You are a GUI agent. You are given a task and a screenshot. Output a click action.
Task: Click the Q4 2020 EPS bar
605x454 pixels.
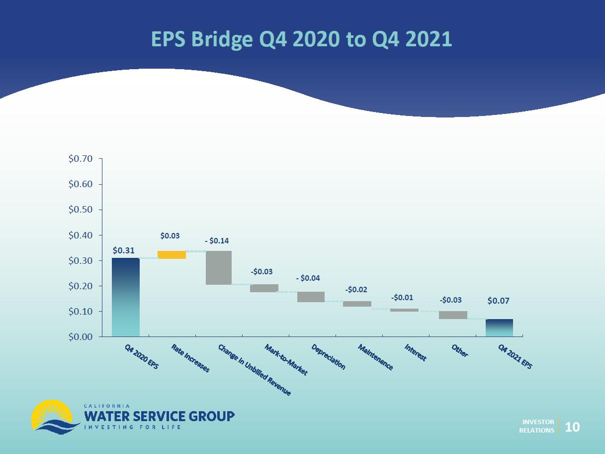pyautogui.click(x=126, y=297)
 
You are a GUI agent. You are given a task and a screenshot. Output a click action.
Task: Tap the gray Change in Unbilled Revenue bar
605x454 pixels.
pyautogui.click(x=219, y=268)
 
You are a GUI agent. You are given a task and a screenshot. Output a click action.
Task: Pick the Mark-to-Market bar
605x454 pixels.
pyautogui.click(x=264, y=288)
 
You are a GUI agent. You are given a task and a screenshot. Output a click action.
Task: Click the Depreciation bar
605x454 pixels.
pyautogui.click(x=311, y=297)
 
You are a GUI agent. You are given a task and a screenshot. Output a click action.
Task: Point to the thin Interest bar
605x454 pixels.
pyautogui.click(x=404, y=310)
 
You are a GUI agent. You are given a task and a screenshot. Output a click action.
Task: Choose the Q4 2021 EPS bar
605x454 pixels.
pyautogui.click(x=499, y=328)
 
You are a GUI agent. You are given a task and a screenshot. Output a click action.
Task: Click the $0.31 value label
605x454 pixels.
pyautogui.click(x=123, y=250)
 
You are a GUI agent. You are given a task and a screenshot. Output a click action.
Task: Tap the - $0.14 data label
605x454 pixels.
pyautogui.click(x=217, y=241)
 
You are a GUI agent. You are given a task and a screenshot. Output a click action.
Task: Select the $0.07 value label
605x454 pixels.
pyautogui.click(x=498, y=301)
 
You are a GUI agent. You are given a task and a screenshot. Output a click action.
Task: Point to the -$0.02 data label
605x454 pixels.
pyautogui.click(x=356, y=290)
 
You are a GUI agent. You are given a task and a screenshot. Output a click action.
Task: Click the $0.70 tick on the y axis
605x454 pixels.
pyautogui.click(x=81, y=159)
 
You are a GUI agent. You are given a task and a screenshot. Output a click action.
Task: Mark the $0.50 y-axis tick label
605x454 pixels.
pyautogui.click(x=81, y=210)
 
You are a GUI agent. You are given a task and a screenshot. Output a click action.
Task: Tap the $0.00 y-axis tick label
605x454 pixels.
pyautogui.click(x=81, y=337)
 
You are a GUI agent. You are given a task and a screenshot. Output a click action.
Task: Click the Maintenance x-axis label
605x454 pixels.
pyautogui.click(x=375, y=357)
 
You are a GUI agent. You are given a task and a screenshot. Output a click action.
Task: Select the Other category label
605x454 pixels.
pyautogui.click(x=459, y=350)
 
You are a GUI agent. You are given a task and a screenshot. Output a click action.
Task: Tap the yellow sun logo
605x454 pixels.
pyautogui.click(x=52, y=414)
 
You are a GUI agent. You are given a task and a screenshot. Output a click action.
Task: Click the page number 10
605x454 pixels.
pyautogui.click(x=573, y=427)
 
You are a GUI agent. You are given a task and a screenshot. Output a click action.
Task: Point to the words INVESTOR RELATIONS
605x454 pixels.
pyautogui.click(x=536, y=426)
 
